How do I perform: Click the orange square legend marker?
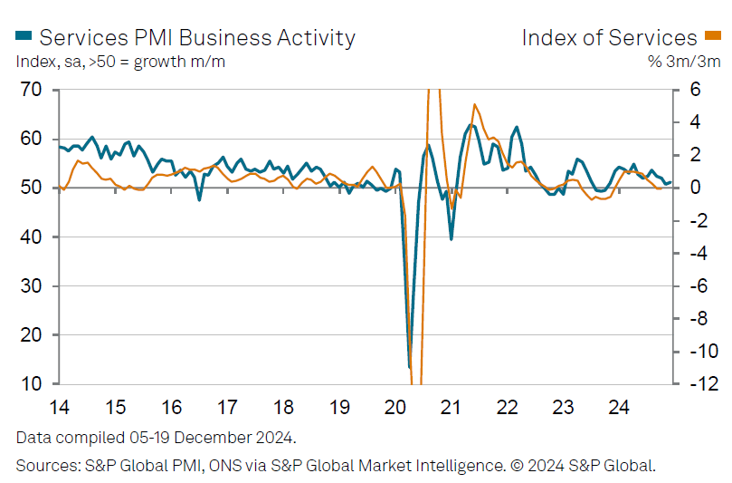coord(714,36)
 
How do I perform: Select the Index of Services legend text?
coord(609,37)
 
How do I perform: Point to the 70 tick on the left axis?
coord(32,90)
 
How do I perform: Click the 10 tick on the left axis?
coord(32,384)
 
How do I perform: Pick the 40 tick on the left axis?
coord(32,237)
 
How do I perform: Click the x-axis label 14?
coord(60,407)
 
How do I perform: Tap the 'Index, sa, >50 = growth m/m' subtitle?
coord(120,63)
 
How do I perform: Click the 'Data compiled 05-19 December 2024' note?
coord(156,438)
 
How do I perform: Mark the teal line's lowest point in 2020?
coord(409,367)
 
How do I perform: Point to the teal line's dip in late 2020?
coord(451,238)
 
